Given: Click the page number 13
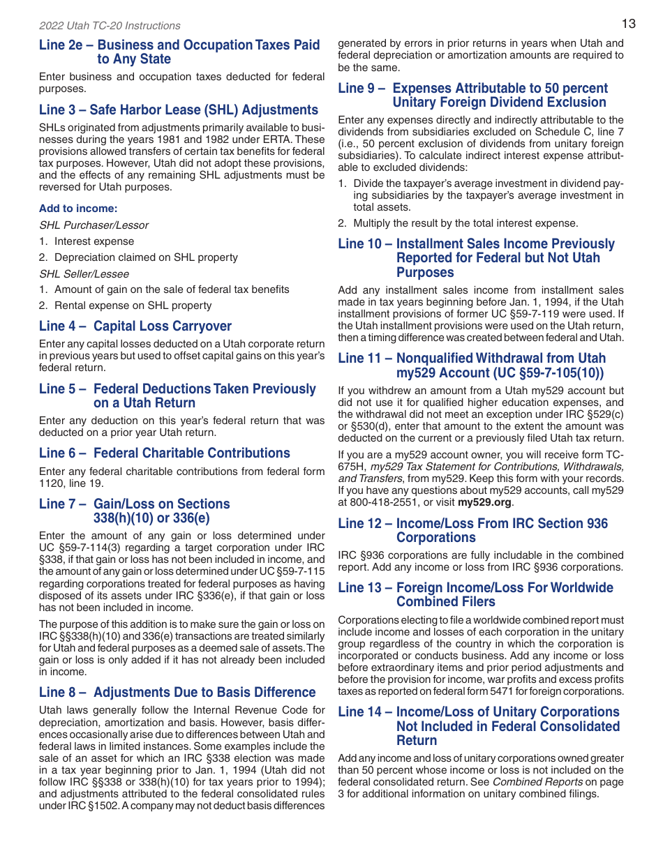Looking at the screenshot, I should [628, 24].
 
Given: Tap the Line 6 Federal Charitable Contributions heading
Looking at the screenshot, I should [164, 453].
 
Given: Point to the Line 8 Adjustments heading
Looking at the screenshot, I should [177, 692].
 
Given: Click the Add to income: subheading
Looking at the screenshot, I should [78, 209].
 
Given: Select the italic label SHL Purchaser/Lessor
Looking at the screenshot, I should [94, 225].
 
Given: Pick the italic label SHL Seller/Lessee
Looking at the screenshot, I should [84, 273].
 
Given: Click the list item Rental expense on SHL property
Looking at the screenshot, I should [133, 306].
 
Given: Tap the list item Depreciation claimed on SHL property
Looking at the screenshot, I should [146, 257].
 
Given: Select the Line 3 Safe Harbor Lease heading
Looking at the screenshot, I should [179, 110].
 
